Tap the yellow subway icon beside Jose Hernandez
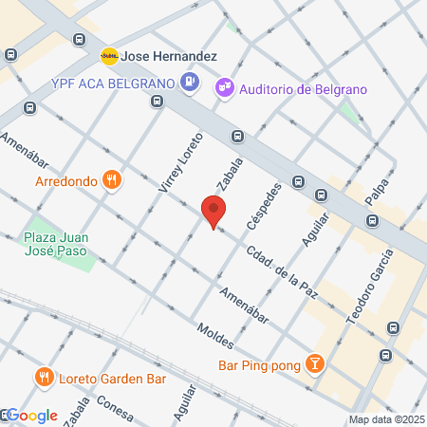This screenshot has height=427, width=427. pyautogui.click(x=109, y=56)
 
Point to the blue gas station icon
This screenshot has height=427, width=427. pyautogui.click(x=190, y=82)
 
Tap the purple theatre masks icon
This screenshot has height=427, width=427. pyautogui.click(x=225, y=87)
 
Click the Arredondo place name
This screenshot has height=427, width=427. pyautogui.click(x=66, y=179)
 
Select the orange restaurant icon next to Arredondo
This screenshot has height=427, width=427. pyautogui.click(x=112, y=179)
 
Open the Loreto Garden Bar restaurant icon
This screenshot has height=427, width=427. pyautogui.click(x=44, y=379)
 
